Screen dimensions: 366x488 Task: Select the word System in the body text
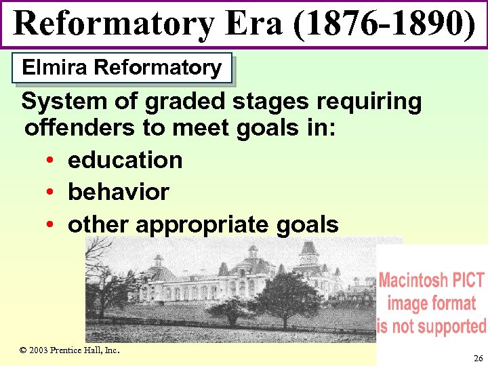[x=60, y=102]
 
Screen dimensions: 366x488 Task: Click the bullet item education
[x=125, y=160]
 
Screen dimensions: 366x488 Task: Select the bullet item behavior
[x=119, y=192]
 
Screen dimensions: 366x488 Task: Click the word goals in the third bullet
[x=312, y=224]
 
